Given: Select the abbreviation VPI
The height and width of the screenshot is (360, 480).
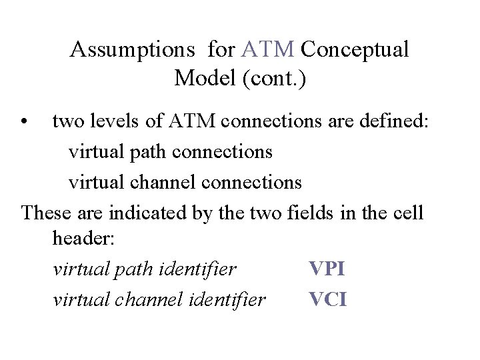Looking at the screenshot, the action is coord(327,269).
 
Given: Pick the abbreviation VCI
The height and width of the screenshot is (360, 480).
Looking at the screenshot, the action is coord(328,300).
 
